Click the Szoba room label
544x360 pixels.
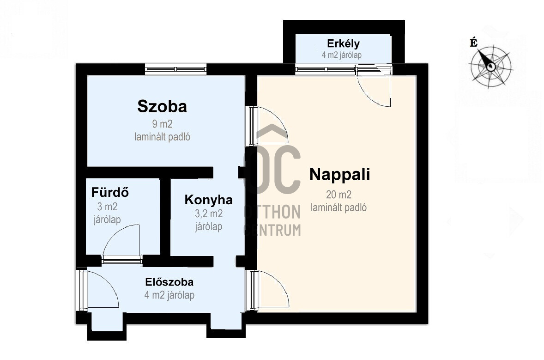coord(162,107)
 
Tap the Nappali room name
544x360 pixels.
coord(339,174)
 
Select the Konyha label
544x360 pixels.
coord(209,200)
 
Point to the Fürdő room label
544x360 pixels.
coord(110,192)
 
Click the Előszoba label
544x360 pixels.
coord(169,282)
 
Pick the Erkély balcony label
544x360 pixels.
coord(343,44)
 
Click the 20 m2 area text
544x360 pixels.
coord(338,195)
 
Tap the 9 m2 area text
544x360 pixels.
coord(162,124)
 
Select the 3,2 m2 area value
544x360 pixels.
coord(209,214)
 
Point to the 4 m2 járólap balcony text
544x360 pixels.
coord(341,55)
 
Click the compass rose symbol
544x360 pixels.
coord(490,66)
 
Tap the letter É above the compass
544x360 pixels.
coord(473,43)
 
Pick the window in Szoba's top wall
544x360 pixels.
coord(176,69)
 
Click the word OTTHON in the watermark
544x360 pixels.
coord(273,212)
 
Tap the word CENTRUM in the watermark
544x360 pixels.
coord(273,230)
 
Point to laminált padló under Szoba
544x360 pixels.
coord(162,137)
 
